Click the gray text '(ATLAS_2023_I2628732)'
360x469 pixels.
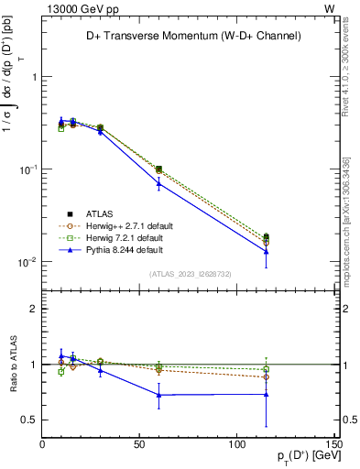click(190, 272)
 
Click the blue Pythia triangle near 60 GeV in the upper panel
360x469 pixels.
click(159, 183)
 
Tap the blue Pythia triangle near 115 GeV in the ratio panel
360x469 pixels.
click(266, 394)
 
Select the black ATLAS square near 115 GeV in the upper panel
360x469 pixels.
click(266, 236)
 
